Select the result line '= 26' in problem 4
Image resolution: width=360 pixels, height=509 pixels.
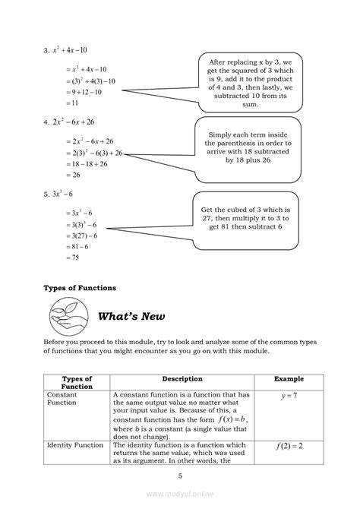click(x=61, y=175)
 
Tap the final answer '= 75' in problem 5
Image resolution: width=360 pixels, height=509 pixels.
click(x=61, y=258)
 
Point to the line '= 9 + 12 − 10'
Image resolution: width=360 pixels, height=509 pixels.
click(x=77, y=92)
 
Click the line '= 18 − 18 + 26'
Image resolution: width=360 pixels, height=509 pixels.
click(x=81, y=163)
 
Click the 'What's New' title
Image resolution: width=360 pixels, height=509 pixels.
click(x=133, y=316)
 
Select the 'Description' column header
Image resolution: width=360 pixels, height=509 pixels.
click(x=182, y=378)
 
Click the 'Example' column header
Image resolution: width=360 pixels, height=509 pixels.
click(x=289, y=378)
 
